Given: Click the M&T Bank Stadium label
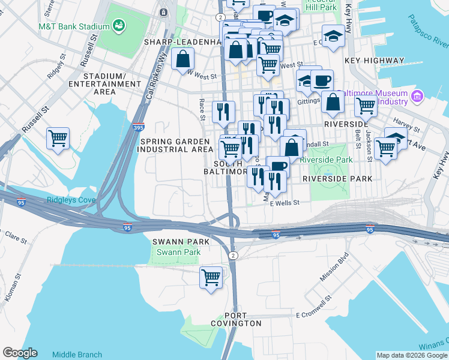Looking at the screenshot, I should pyautogui.click(x=74, y=26).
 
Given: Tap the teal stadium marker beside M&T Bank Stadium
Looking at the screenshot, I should pyautogui.click(x=119, y=26).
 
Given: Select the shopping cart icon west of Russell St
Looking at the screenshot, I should pyautogui.click(x=58, y=139).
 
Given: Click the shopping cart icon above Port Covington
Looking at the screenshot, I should pyautogui.click(x=211, y=277).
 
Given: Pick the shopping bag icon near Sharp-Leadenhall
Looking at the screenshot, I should pyautogui.click(x=182, y=59).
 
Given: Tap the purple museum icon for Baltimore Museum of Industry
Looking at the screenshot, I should pyautogui.click(x=417, y=95).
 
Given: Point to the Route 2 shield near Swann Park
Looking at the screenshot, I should pyautogui.click(x=234, y=256).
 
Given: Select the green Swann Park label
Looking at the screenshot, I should pyautogui.click(x=178, y=253).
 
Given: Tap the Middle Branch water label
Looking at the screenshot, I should pyautogui.click(x=77, y=355).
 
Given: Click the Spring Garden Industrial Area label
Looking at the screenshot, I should pyautogui.click(x=176, y=145).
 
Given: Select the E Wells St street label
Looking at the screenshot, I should pyautogui.click(x=284, y=203).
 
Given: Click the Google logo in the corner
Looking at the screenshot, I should pyautogui.click(x=20, y=353).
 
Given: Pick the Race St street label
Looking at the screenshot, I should pyautogui.click(x=202, y=107).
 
